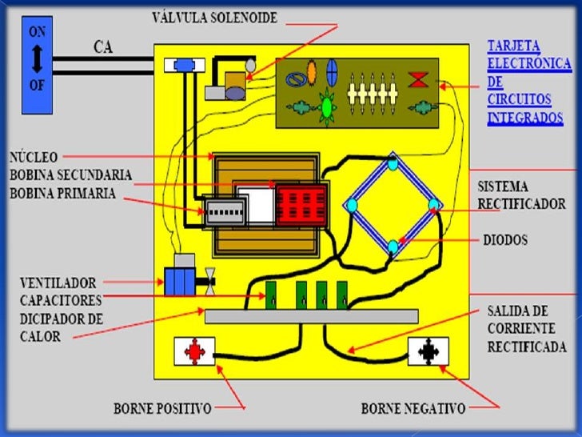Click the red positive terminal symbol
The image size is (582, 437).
(x=195, y=351)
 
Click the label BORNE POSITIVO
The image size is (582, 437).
(x=163, y=409)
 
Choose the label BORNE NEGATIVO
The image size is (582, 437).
(x=413, y=409)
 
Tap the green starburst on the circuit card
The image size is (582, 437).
(x=326, y=105)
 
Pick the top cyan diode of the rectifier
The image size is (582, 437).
(x=393, y=165)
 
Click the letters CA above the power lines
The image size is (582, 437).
(x=103, y=46)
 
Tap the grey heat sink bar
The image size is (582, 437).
(x=311, y=316)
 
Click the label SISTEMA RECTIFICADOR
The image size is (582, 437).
(x=520, y=194)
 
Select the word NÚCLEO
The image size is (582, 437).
(x=32, y=157)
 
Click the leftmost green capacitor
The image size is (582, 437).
(x=271, y=294)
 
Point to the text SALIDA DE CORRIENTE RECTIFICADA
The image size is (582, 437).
(x=526, y=328)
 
